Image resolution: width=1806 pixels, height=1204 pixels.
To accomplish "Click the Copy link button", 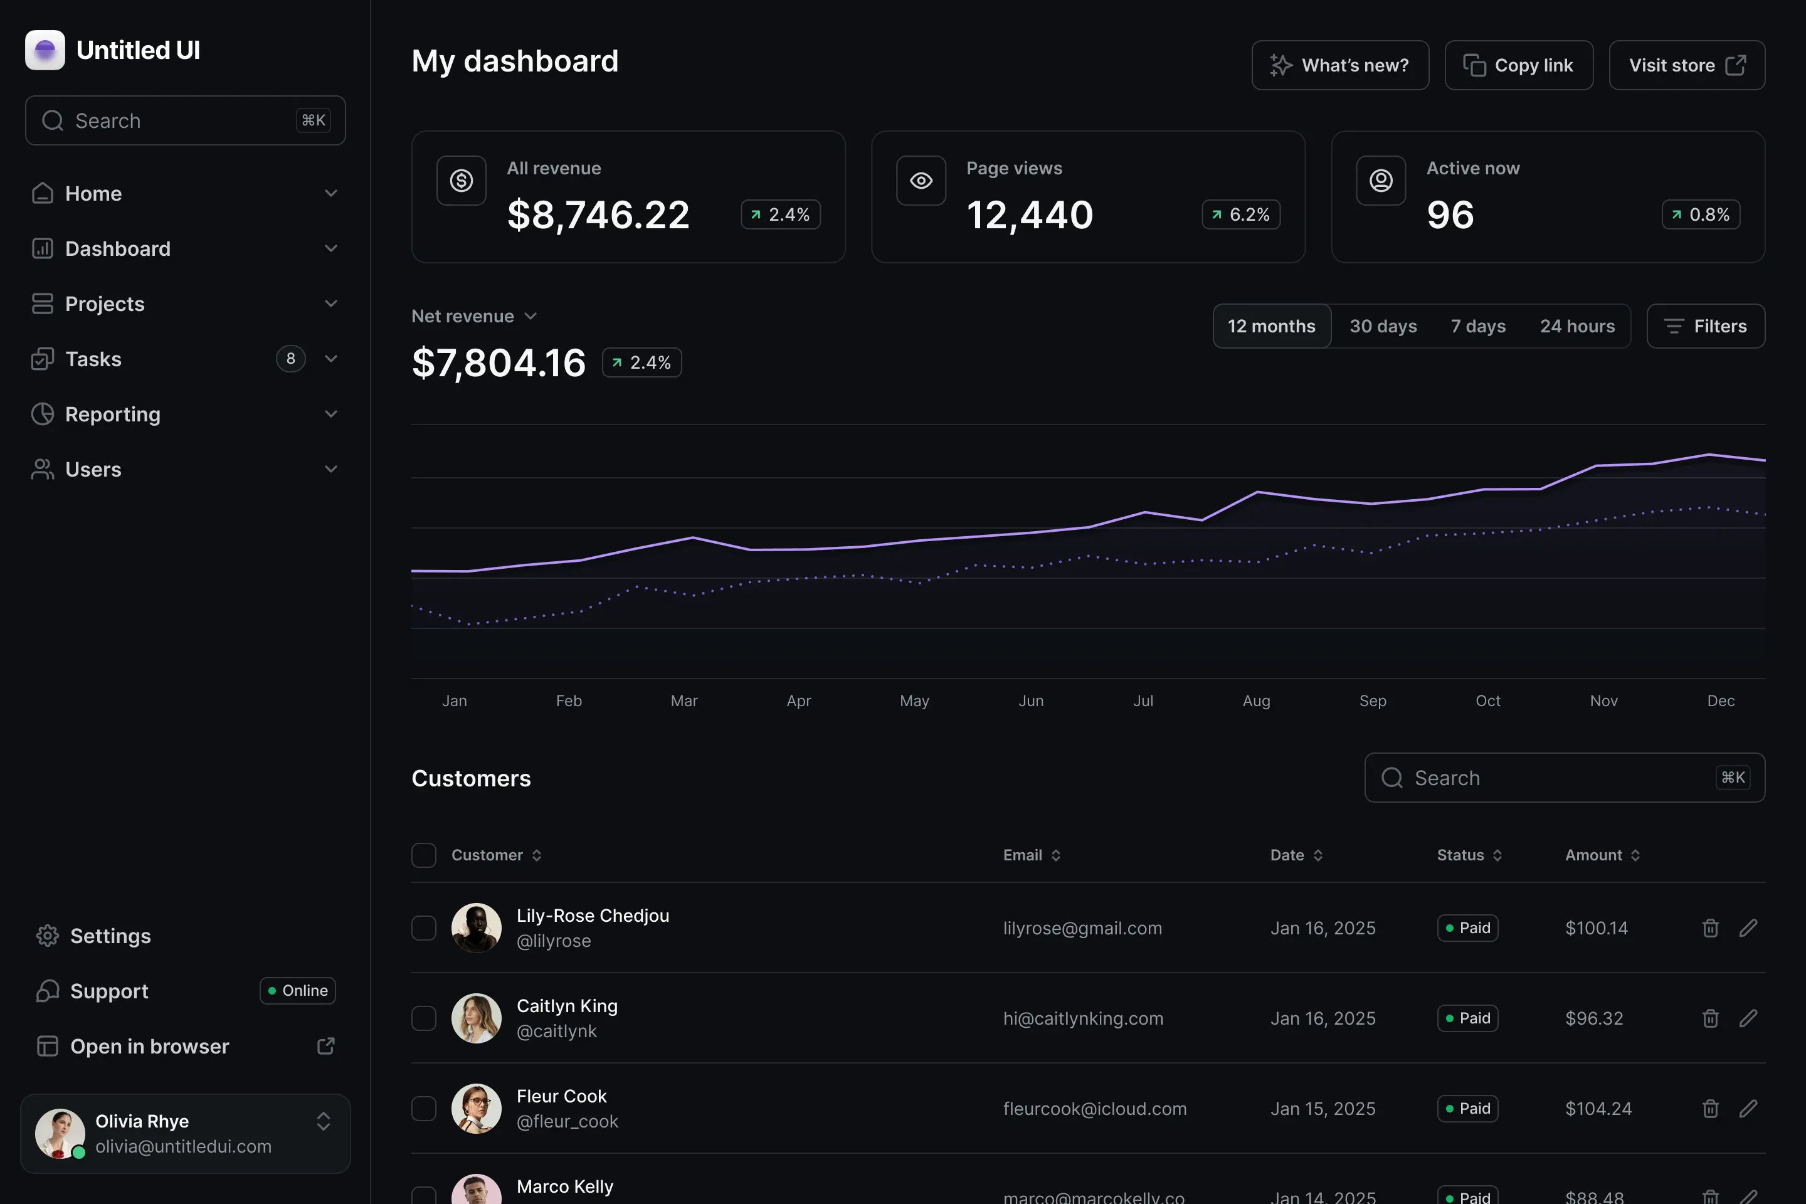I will tap(1518, 65).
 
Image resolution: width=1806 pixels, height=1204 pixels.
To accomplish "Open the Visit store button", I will tap(1686, 65).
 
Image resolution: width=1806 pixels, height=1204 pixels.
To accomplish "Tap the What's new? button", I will tap(1340, 65).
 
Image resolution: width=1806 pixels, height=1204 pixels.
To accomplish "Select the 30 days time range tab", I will tap(1383, 326).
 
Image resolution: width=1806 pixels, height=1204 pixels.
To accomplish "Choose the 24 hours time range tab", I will tap(1576, 326).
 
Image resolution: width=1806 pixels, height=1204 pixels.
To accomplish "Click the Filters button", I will tap(1706, 326).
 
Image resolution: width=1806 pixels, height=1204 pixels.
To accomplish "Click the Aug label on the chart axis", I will tap(1256, 700).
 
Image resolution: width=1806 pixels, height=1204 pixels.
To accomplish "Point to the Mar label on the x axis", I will tap(684, 700).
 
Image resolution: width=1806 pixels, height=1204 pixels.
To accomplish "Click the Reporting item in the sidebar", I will tap(113, 415).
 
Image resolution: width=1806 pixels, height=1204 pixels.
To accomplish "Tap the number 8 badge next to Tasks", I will tap(290, 359).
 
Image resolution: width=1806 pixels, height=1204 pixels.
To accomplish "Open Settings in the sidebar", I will tap(110, 936).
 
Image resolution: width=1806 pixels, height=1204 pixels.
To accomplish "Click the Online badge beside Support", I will tap(297, 991).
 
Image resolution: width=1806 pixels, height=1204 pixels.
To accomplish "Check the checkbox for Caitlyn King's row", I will tap(424, 1018).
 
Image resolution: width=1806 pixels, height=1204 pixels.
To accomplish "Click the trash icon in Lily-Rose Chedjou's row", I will tap(1710, 927).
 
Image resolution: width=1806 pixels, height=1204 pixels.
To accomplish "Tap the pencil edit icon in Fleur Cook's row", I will tap(1748, 1108).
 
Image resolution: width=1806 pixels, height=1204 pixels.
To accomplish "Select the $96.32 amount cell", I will tap(1594, 1018).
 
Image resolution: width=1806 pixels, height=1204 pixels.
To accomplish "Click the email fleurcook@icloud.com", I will tap(1094, 1108).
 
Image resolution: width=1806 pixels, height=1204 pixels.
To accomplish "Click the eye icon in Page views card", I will tap(921, 181).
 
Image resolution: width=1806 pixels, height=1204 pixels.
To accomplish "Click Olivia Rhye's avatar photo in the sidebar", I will tap(59, 1133).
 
